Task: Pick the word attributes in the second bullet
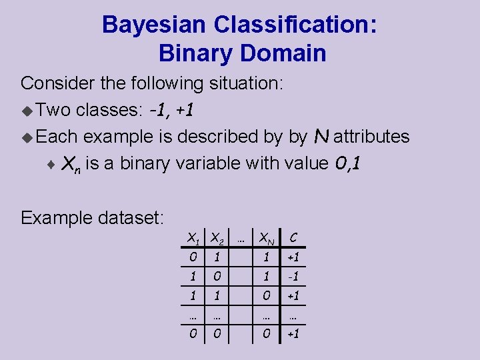(371, 137)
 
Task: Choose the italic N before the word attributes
(321, 136)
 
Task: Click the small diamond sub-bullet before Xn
(53, 163)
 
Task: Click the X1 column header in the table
(193, 237)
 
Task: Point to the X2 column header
(216, 237)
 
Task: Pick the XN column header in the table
(267, 237)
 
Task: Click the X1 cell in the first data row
(192, 257)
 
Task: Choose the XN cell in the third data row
(266, 295)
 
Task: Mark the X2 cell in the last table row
(215, 333)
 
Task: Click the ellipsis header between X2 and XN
(241, 237)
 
